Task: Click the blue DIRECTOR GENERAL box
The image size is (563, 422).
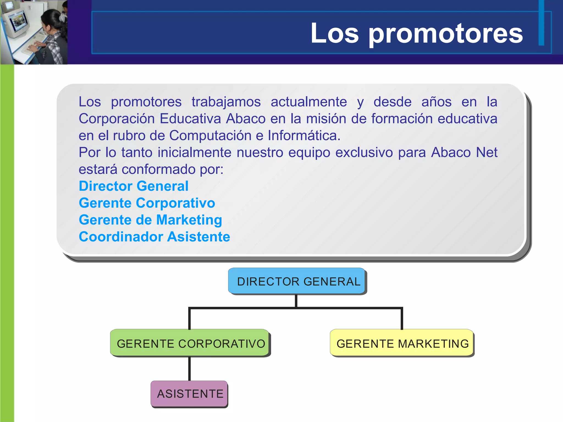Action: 297,281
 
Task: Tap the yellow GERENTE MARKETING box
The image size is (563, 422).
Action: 402,343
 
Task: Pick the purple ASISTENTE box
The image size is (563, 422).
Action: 189,394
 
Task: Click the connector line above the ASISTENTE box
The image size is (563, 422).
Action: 189,369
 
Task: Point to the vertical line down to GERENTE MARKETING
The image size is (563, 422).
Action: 402,319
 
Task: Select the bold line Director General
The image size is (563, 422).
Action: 134,186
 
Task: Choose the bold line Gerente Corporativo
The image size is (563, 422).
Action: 147,203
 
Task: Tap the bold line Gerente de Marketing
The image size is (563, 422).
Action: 150,220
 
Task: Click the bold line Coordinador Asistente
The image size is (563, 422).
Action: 154,237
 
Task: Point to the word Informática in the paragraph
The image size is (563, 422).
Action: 304,135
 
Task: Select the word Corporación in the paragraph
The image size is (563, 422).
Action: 117,119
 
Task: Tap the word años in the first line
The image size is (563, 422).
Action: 436,102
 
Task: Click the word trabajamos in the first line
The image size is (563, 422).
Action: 226,102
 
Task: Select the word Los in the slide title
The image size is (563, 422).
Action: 335,34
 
